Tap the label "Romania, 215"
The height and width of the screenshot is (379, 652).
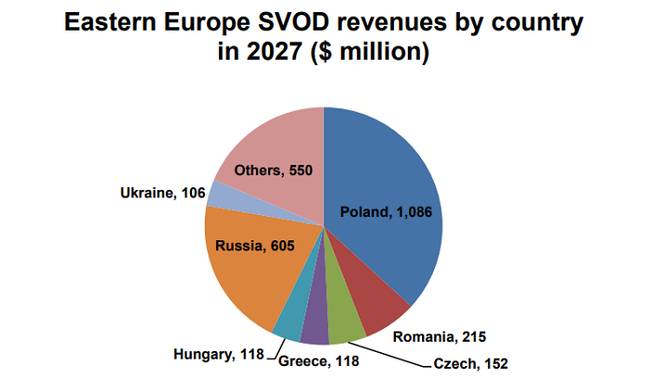440,335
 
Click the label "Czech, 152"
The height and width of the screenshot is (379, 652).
470,362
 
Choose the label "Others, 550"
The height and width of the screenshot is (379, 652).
272,170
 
